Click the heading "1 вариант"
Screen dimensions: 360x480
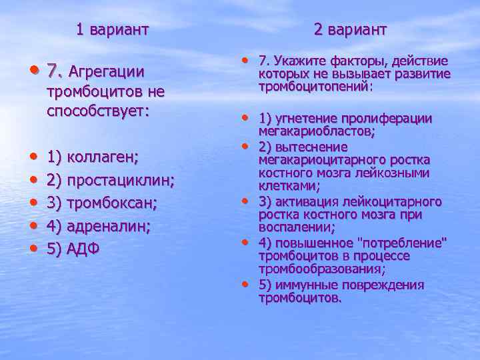point(111,29)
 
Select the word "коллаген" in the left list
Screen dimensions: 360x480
point(103,157)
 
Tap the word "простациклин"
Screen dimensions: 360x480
point(121,181)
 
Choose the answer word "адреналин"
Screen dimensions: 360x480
point(109,227)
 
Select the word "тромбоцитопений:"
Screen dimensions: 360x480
point(316,87)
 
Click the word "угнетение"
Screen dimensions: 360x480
point(305,119)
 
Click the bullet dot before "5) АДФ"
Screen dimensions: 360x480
point(33,249)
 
